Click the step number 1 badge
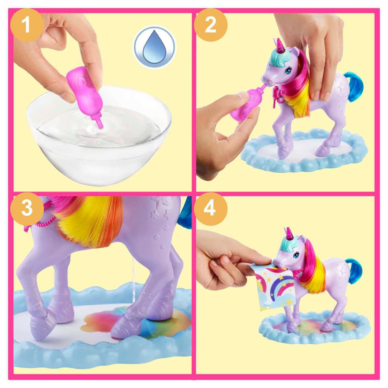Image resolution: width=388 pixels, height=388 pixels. [27, 25]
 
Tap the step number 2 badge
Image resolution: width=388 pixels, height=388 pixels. [210, 25]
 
